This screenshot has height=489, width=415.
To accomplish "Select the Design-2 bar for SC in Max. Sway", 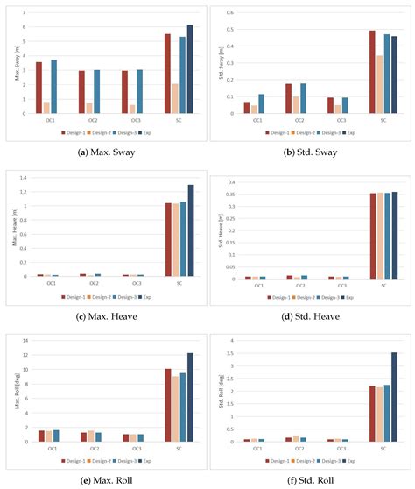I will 175,98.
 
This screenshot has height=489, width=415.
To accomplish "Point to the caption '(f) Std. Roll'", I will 311,479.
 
